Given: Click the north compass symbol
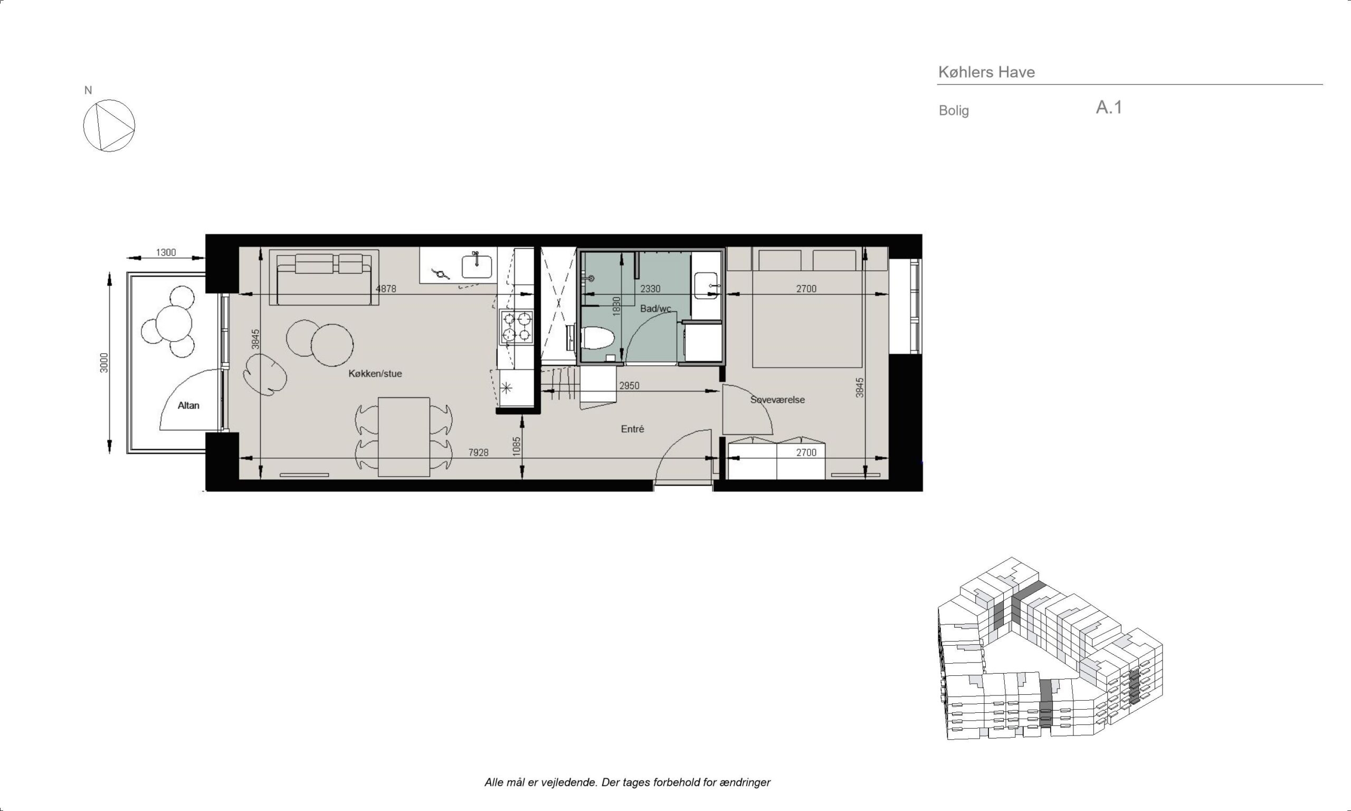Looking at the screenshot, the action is click(109, 125).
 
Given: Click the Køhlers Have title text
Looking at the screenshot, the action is click(986, 72).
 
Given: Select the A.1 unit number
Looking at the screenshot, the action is click(1109, 107).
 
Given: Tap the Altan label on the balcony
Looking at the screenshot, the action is click(188, 405).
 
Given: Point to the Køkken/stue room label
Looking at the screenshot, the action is click(375, 374).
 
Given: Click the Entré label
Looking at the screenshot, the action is click(632, 429).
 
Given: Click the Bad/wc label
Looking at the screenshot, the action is click(655, 309).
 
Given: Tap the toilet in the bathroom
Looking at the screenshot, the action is click(597, 338).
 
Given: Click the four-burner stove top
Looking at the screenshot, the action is click(516, 327).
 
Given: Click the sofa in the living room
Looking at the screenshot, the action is click(324, 277).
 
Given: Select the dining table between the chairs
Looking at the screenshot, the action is click(404, 437).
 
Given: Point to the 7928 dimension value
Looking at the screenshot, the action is click(478, 452).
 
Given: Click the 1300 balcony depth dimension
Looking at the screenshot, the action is click(166, 252).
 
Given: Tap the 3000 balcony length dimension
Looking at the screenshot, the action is click(104, 363).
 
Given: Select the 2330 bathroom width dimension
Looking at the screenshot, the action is click(650, 289).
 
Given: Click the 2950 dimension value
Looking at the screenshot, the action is click(629, 386).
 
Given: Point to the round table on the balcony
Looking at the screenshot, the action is click(174, 323).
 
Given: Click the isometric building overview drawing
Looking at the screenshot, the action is click(1050, 649).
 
